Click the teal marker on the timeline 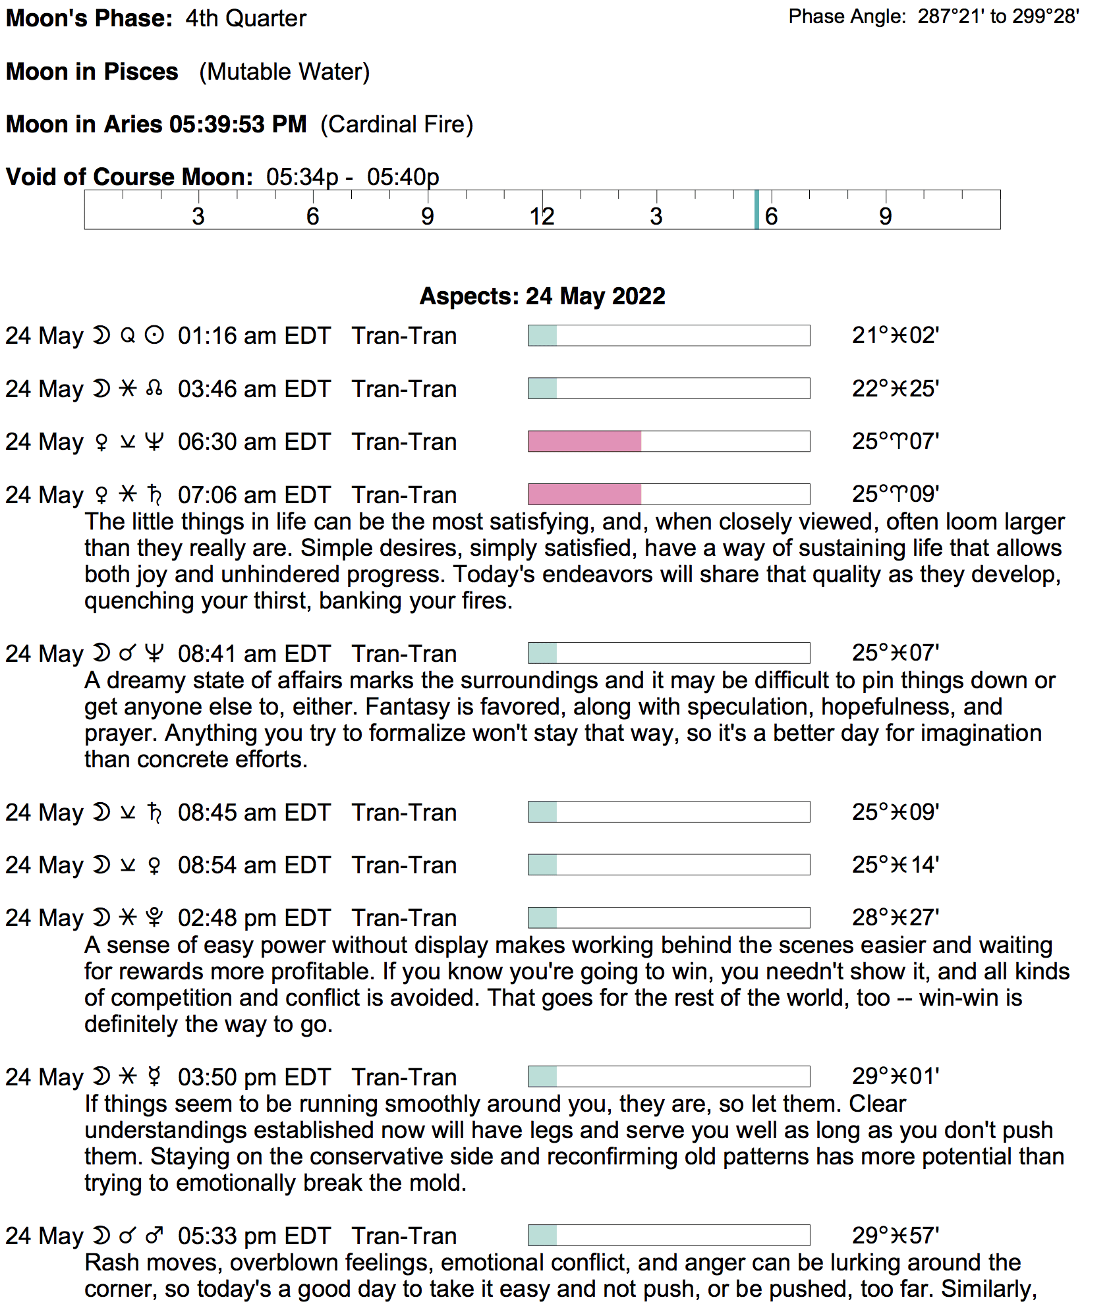(x=756, y=209)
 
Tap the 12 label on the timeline (x=542, y=216)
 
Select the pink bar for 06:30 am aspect (x=584, y=441)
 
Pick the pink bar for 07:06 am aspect (x=584, y=494)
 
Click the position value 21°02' (x=895, y=336)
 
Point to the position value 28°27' (x=895, y=917)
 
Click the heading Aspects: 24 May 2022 (x=542, y=296)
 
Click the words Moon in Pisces (x=92, y=71)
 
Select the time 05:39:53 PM (x=238, y=124)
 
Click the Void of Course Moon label (x=129, y=177)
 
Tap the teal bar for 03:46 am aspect (x=542, y=389)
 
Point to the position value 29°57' (x=895, y=1236)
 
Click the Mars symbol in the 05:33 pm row (x=154, y=1236)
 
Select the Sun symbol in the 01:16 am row (x=154, y=336)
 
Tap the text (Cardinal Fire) (x=397, y=124)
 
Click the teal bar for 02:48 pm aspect (x=542, y=917)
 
